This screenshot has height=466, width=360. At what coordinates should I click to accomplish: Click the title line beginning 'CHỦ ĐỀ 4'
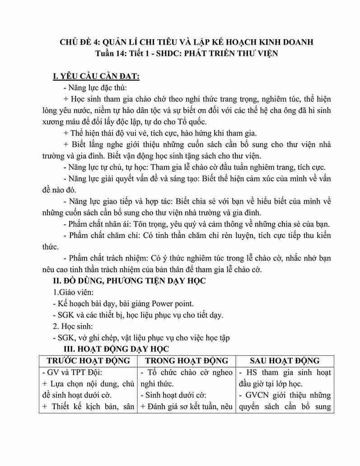(x=180, y=42)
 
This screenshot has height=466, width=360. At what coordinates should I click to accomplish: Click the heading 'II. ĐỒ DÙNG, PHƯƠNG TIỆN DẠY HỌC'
(x=129, y=281)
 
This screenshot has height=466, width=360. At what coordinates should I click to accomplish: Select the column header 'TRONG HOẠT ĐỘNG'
(x=187, y=361)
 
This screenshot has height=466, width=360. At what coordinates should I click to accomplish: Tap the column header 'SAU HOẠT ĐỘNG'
(x=285, y=361)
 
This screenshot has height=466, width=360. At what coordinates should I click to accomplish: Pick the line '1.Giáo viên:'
(x=74, y=292)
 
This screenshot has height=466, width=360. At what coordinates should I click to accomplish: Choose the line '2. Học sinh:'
(x=74, y=326)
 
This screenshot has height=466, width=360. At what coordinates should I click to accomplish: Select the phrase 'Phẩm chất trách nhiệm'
(x=108, y=259)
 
